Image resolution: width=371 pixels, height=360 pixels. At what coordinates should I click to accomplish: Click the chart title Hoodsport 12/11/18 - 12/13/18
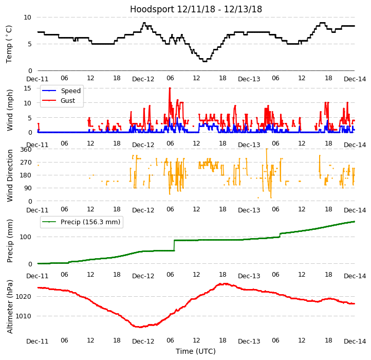pos(196,9)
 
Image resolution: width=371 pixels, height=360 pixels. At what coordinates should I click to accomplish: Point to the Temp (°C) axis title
pos(9,44)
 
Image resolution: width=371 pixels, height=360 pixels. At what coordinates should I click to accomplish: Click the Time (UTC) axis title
pos(196,352)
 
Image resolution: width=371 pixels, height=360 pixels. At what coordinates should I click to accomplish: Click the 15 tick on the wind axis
pos(28,88)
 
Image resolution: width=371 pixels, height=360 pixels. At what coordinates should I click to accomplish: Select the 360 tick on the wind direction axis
pos(26,149)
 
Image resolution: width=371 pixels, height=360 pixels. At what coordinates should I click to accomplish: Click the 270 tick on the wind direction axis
pos(26,162)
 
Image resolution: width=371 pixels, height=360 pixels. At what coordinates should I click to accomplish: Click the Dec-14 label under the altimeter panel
pos(355,341)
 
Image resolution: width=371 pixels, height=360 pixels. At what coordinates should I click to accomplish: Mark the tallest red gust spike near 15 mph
pos(170,89)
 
